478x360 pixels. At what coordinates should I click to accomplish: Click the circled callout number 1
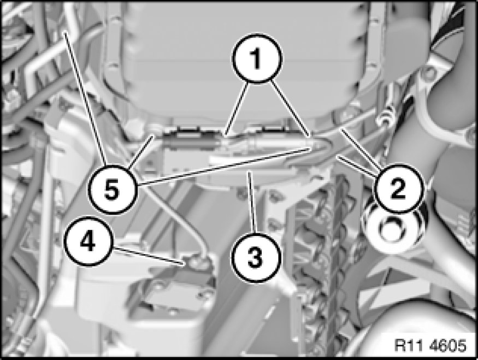pyautogui.click(x=257, y=58)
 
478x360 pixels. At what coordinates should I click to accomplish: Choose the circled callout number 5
pyautogui.click(x=112, y=189)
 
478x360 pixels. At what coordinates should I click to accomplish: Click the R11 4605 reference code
pyautogui.click(x=430, y=345)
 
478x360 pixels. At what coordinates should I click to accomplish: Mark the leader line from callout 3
pyautogui.click(x=252, y=203)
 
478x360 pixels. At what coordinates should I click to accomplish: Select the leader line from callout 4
pyautogui.click(x=148, y=256)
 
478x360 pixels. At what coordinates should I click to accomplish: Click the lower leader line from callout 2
pyautogui.click(x=357, y=166)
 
